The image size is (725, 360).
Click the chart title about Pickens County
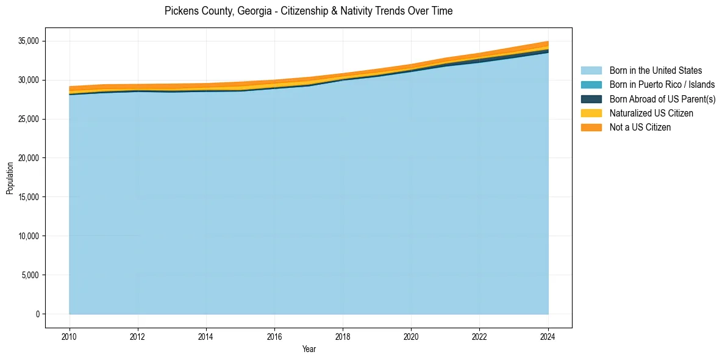(309, 11)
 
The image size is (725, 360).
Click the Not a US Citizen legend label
(640, 127)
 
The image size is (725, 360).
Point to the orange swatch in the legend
(591, 127)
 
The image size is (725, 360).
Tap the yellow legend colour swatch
(591, 113)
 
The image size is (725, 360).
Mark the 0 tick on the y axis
(37, 314)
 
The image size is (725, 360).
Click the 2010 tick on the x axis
(70, 336)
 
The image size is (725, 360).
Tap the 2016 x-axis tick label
(274, 336)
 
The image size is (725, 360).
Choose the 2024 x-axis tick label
(548, 336)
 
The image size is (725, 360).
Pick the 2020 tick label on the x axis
(412, 336)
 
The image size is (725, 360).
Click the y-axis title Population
(10, 178)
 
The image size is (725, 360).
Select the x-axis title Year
(309, 349)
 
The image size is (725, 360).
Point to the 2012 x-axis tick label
(138, 336)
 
